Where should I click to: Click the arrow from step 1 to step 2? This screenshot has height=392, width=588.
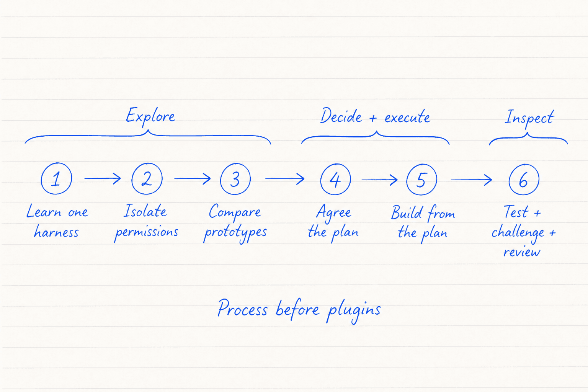click(x=102, y=178)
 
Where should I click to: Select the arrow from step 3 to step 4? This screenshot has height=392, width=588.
click(x=285, y=179)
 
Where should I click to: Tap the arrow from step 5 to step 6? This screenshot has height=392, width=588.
click(x=472, y=180)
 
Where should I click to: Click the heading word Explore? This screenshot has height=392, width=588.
click(x=150, y=116)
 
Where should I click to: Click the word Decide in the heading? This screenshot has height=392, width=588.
click(x=341, y=116)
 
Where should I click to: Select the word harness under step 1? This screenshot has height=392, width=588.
click(x=56, y=232)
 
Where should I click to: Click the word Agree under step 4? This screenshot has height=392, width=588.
click(x=334, y=213)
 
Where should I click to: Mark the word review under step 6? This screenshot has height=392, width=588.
click(x=522, y=252)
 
